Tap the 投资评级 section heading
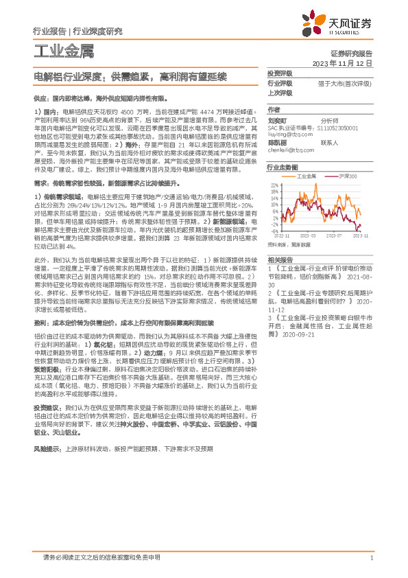(x=280, y=73)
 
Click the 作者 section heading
(x=274, y=110)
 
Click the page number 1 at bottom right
(x=371, y=557)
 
